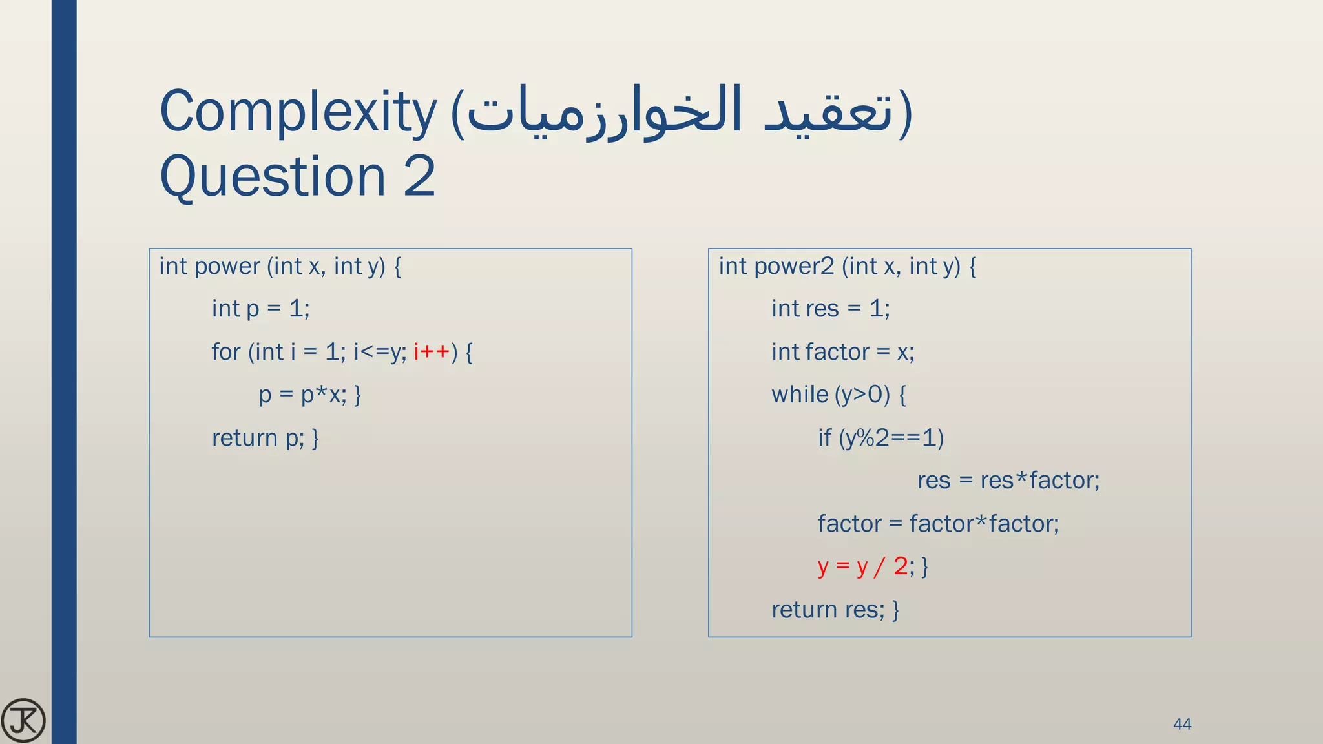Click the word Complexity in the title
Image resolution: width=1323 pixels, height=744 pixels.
point(298,112)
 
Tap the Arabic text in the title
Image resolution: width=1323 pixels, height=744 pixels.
point(682,112)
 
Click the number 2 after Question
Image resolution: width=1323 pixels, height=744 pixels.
point(420,176)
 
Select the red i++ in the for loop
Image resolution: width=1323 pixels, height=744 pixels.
point(432,352)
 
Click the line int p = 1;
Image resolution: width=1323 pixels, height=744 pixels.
point(260,309)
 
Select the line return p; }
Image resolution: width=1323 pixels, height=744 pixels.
point(265,438)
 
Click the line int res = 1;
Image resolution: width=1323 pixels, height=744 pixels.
point(830,309)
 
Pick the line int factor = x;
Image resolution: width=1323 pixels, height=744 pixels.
point(842,352)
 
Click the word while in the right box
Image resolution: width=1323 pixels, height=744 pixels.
point(800,395)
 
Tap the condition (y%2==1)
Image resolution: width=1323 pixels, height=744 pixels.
point(891,438)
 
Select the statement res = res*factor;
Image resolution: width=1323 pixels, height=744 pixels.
point(1008,480)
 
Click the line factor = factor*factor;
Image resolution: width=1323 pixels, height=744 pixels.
point(938,524)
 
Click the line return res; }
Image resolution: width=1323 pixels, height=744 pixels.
point(835,610)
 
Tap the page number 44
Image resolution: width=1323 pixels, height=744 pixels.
point(1182,724)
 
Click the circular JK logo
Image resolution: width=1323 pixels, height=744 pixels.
point(23,721)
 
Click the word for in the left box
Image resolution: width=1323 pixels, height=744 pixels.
point(225,352)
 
